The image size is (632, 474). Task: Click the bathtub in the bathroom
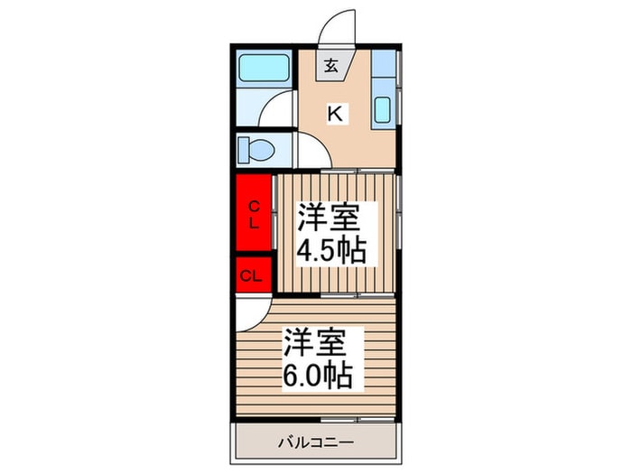[x=264, y=68]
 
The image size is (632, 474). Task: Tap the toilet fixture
[x=256, y=151]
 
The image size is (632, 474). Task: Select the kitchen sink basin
[x=382, y=109]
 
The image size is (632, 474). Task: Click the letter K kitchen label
[x=335, y=113]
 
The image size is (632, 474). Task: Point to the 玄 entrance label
[x=331, y=66]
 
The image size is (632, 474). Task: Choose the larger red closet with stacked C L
[x=254, y=212]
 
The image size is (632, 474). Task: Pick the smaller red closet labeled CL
[x=254, y=275]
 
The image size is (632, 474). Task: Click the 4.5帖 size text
[x=331, y=251]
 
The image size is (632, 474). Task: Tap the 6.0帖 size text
[x=319, y=375]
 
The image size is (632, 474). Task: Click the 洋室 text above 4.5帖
[x=328, y=217]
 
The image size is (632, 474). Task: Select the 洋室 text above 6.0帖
[x=315, y=342]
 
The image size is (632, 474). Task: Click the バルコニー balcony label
[x=316, y=442]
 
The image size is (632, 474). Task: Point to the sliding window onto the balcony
[x=358, y=420]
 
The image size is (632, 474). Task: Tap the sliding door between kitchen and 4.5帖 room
[x=358, y=171]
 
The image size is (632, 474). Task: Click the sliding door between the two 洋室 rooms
[x=358, y=295]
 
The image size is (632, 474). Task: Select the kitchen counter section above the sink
[x=384, y=63]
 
